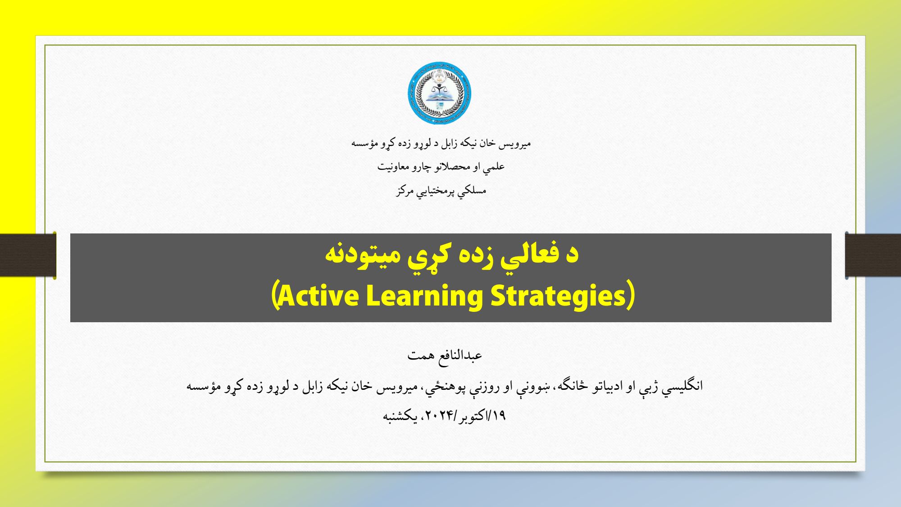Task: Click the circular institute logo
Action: pos(439,93)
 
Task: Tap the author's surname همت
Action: pos(421,356)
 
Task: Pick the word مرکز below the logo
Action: pos(405,191)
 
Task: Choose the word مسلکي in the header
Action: pos(472,191)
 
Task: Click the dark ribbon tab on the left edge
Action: pos(28,255)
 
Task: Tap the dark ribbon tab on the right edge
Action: pos(873,255)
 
